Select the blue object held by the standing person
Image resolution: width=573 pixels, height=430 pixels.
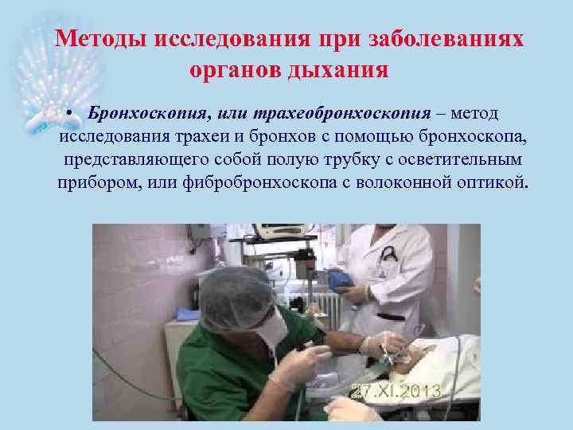341,278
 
